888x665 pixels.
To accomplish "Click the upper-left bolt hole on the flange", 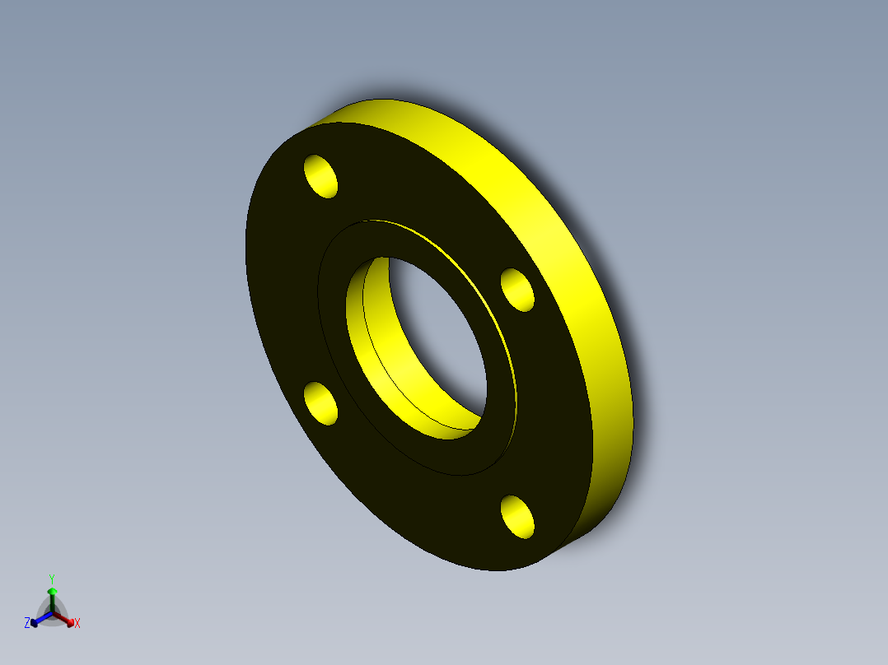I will (x=321, y=176).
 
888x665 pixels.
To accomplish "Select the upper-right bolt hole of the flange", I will (x=517, y=290).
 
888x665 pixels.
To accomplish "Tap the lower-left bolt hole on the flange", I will (x=320, y=402).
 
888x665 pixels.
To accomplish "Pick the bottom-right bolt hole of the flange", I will (x=517, y=516).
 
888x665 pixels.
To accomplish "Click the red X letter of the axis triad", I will (x=77, y=624).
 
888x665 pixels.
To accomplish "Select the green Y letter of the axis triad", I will (x=52, y=579).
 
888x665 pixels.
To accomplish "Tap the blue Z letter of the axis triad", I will (x=27, y=623).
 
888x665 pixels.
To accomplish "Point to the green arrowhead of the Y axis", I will (x=52, y=592).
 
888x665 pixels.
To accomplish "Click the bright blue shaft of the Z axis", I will (x=43, y=617).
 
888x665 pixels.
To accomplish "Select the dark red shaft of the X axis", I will (x=61, y=617).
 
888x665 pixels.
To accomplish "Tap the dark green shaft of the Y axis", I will (x=52, y=602).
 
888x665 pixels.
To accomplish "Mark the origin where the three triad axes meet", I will (x=52, y=613).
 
